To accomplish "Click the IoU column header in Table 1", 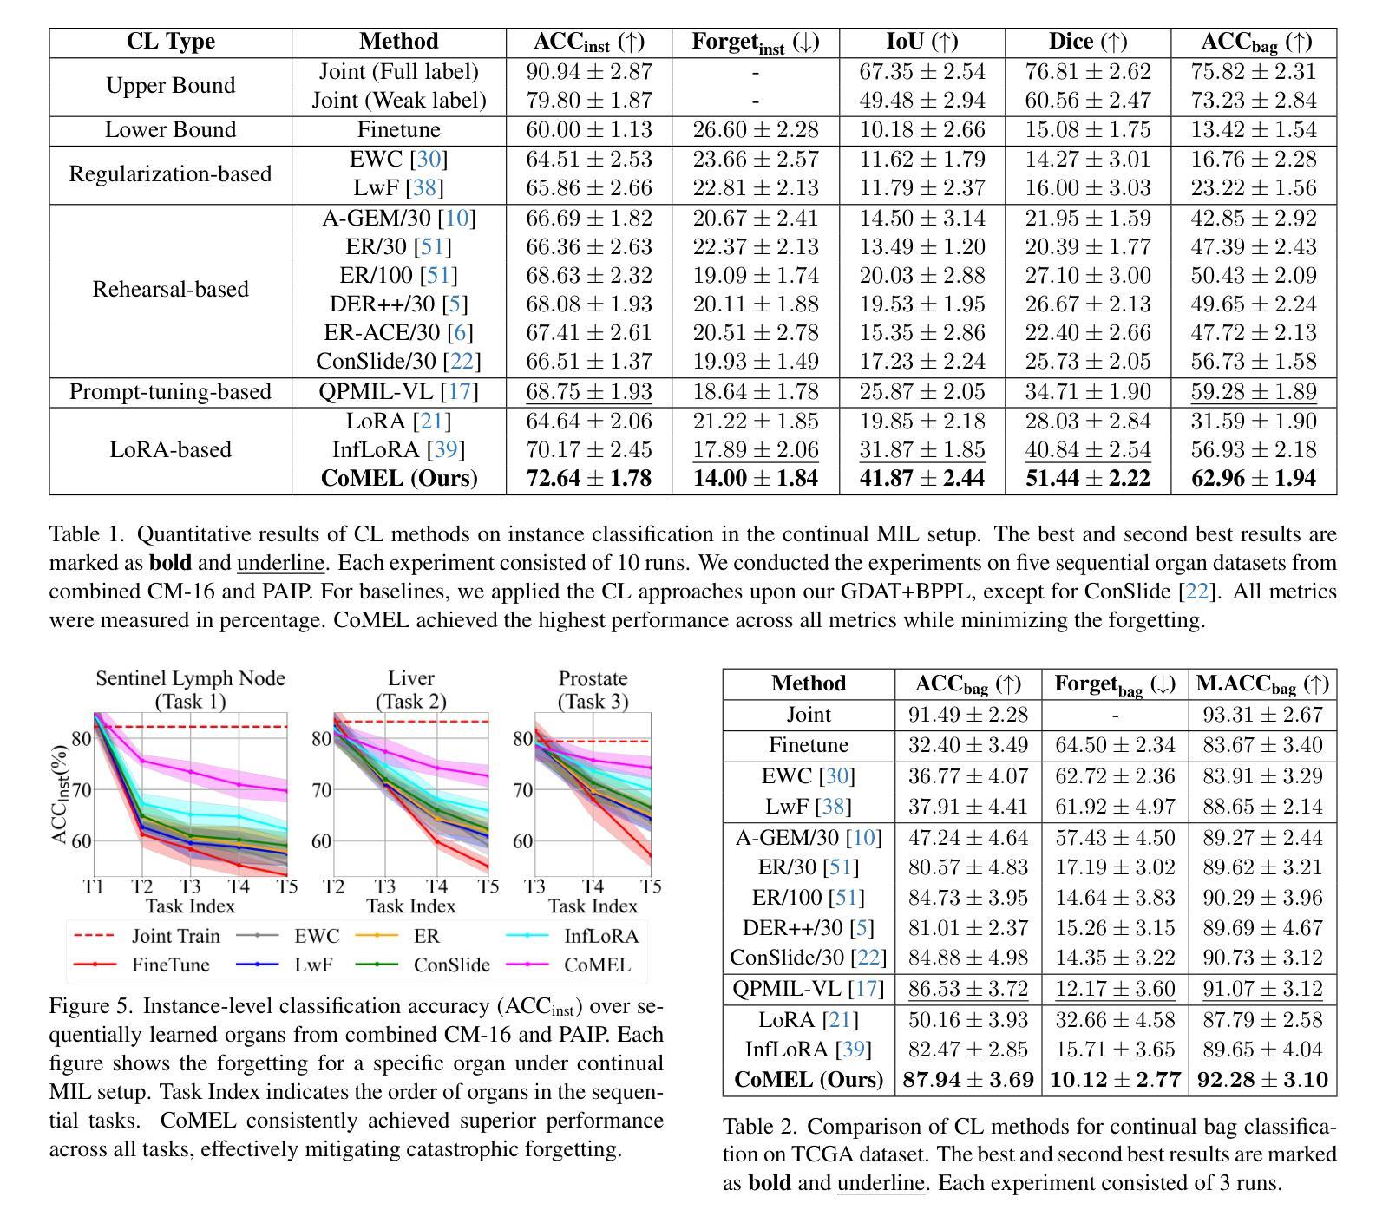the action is click(922, 42).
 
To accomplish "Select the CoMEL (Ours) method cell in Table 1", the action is click(399, 478).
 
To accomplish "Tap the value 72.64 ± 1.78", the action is click(589, 478).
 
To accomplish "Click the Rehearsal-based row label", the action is click(171, 289).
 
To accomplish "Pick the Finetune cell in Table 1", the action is click(399, 130).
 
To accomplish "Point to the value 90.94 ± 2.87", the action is click(589, 71).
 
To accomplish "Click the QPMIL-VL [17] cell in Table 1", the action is click(399, 392).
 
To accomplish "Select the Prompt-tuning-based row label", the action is click(171, 392).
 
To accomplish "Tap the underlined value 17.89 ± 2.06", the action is click(756, 449).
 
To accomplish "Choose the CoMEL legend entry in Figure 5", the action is click(568, 965).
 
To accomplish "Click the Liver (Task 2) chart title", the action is click(411, 690).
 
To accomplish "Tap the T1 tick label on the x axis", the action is click(94, 886).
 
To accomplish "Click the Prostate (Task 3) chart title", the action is click(593, 690).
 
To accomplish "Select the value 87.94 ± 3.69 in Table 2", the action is click(968, 1080).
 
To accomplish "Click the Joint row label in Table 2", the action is click(809, 715).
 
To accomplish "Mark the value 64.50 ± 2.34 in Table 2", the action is click(1115, 745).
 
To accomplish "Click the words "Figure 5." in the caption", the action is click(91, 1006).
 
